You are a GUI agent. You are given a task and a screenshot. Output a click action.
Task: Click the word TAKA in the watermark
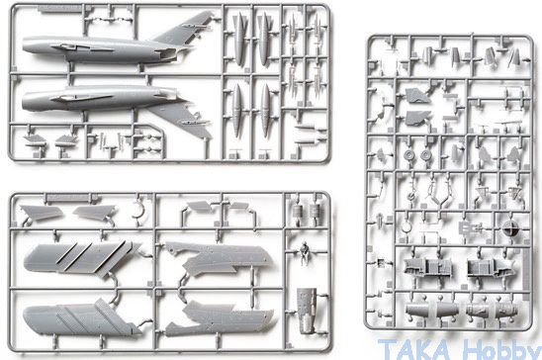click(x=414, y=350)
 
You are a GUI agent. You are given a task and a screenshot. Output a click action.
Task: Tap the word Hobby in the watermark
click(x=501, y=350)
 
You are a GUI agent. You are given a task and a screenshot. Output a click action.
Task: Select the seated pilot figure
click(x=305, y=253)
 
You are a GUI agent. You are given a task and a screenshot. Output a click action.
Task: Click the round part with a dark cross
click(x=510, y=228)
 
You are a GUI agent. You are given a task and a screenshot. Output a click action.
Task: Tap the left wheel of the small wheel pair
click(x=408, y=155)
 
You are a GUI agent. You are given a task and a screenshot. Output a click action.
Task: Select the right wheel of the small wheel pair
click(x=425, y=155)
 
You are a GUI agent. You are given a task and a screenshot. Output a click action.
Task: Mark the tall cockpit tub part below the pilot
click(x=307, y=311)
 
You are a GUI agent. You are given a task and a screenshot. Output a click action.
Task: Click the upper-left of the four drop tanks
click(x=239, y=38)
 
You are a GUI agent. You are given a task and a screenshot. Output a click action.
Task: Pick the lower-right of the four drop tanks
click(x=265, y=110)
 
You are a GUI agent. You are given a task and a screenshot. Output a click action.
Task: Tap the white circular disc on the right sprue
click(x=407, y=226)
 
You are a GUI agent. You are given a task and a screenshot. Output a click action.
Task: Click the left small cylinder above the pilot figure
click(x=298, y=211)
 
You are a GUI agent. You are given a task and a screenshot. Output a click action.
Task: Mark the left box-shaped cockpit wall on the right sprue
click(x=427, y=267)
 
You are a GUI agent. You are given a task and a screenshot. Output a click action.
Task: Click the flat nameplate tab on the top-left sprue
click(x=59, y=9)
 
